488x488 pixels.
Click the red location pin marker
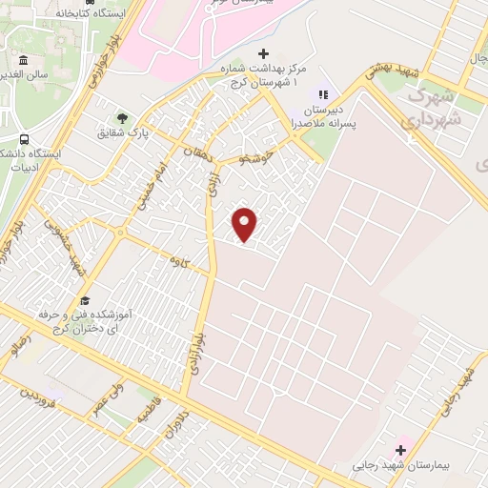[x=245, y=224]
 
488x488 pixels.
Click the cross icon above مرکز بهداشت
[x=264, y=53]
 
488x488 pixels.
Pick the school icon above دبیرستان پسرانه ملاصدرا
[x=322, y=94]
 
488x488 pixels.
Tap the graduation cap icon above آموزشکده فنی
[x=83, y=297]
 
